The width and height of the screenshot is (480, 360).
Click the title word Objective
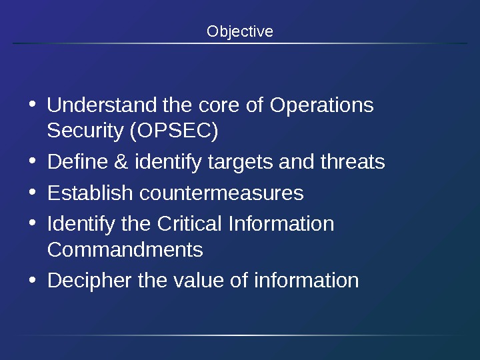(240, 31)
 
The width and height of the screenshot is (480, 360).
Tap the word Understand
(103, 105)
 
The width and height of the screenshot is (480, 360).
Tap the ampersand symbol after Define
(121, 162)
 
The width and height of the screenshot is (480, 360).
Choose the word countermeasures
(221, 193)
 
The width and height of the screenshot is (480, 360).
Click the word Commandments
(125, 250)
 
